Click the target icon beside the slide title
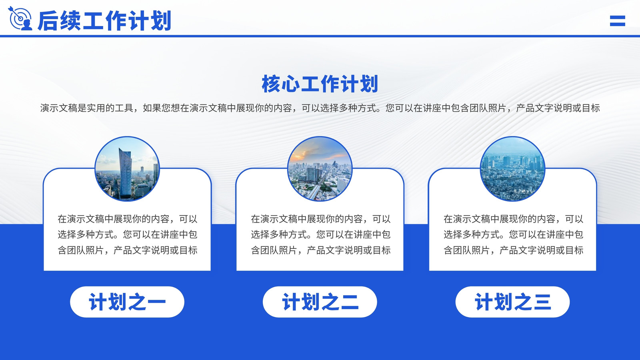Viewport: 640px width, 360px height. [x=20, y=18]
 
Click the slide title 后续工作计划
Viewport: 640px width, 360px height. [x=104, y=20]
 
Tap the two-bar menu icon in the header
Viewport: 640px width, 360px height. [x=618, y=21]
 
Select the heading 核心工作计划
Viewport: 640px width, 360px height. [x=320, y=84]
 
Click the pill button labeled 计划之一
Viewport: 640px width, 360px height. [x=127, y=302]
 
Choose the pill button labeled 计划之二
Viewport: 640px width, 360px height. [x=320, y=302]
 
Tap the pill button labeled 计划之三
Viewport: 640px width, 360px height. [x=512, y=302]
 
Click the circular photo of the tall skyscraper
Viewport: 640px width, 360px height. [x=127, y=169]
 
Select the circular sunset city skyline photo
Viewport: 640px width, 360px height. [x=320, y=169]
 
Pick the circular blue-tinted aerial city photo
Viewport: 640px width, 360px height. [x=512, y=169]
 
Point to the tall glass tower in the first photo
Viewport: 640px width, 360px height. [x=125, y=173]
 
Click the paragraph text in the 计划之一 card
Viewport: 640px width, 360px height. [x=128, y=234]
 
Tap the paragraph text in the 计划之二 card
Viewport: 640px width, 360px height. [x=320, y=234]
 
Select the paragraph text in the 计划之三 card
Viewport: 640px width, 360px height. [x=513, y=234]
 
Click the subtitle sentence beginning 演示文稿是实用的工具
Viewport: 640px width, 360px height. [x=320, y=108]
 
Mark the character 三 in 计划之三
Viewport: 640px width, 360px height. [x=542, y=302]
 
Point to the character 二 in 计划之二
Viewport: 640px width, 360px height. [x=350, y=302]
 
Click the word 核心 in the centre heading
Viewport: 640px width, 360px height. [x=281, y=84]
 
